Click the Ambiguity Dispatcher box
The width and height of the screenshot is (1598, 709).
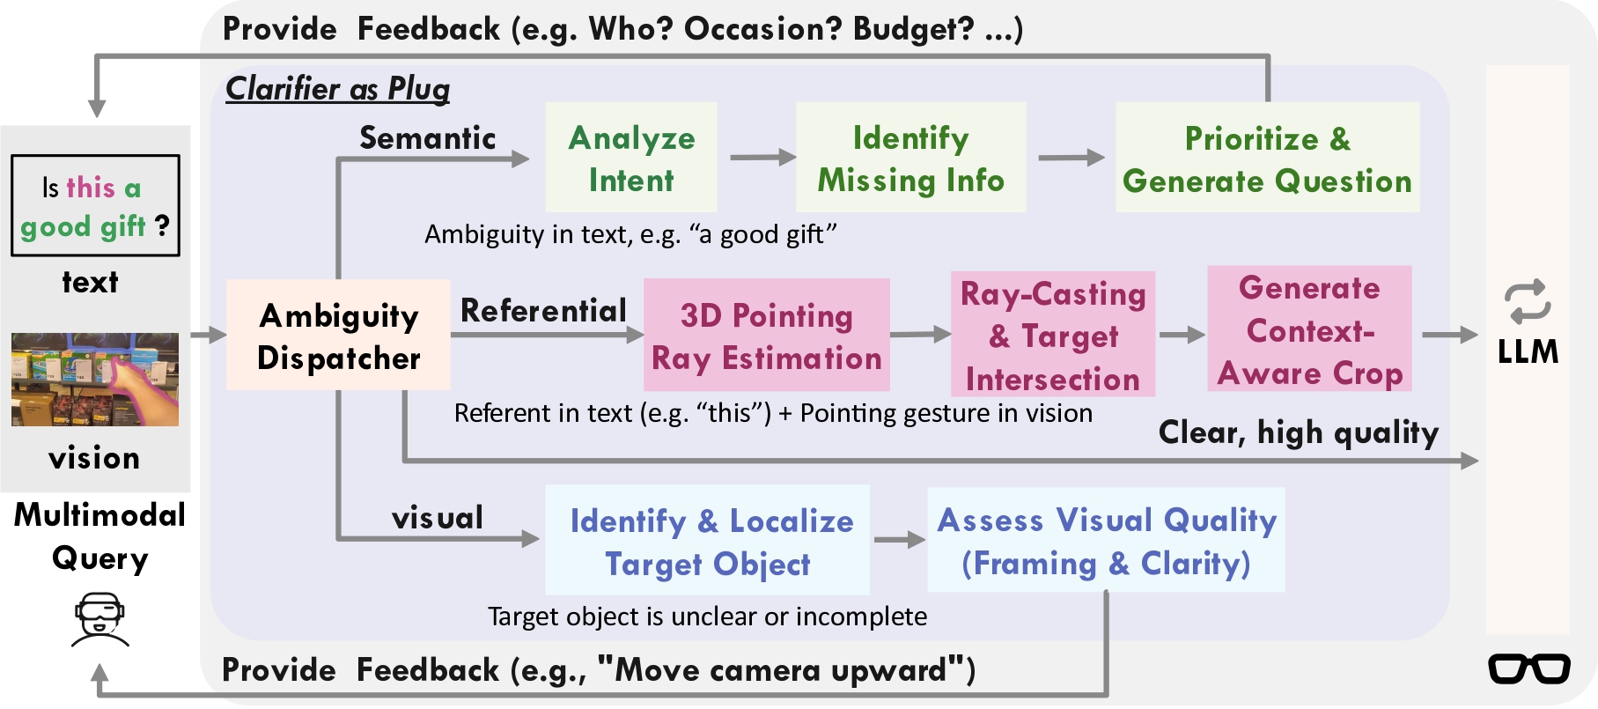tap(338, 335)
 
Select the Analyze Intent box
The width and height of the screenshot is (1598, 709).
tap(631, 157)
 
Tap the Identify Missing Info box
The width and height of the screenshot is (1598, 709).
tap(911, 157)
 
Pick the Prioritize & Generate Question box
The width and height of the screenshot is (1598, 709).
tap(1268, 157)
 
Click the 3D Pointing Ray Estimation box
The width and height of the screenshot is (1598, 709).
tap(767, 335)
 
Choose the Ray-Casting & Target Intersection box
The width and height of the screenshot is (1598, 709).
tap(1053, 334)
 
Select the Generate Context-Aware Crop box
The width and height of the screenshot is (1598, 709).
tap(1310, 329)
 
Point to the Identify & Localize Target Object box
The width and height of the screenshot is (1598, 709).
tap(708, 540)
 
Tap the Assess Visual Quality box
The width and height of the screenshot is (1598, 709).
tap(1107, 540)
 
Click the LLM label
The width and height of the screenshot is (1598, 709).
tap(1528, 352)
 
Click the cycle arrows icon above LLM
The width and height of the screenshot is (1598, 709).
tap(1528, 302)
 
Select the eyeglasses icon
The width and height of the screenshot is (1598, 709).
tap(1529, 668)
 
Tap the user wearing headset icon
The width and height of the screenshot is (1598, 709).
tap(99, 620)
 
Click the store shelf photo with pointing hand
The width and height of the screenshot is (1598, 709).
tap(95, 380)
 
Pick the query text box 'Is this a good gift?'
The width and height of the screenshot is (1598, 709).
tap(95, 206)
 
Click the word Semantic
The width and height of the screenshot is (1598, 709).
tap(428, 138)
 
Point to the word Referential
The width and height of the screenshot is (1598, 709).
tap(543, 310)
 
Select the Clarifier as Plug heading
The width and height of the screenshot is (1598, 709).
tap(338, 88)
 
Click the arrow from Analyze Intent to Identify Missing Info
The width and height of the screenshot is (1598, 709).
tap(762, 158)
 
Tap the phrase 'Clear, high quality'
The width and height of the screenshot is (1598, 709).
tap(1299, 432)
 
